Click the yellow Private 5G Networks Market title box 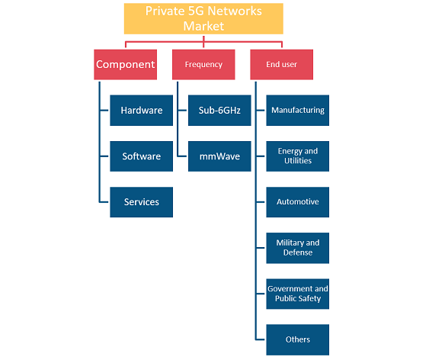[203, 18]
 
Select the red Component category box [125, 65]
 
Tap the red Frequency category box [203, 65]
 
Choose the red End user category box [281, 65]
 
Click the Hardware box [142, 111]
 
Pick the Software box [142, 156]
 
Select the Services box [142, 202]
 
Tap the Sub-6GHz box [219, 111]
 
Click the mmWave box [219, 156]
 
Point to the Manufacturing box [298, 111]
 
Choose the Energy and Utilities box [298, 156]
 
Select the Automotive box [298, 202]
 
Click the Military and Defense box [298, 248]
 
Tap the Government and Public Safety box [298, 294]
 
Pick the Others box [298, 339]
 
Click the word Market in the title [203, 26]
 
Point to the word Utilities [298, 161]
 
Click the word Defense [298, 252]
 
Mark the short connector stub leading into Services [104, 202]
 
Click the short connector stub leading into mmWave [182, 156]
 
